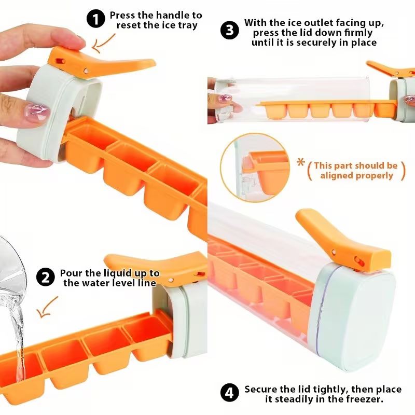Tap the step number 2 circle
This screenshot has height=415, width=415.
[45, 278]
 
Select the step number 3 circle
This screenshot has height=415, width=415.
[230, 30]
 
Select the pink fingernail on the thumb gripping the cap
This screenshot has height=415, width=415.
[37, 111]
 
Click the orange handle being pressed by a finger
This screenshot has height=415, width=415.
[104, 63]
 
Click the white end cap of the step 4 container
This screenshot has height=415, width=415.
[358, 316]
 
